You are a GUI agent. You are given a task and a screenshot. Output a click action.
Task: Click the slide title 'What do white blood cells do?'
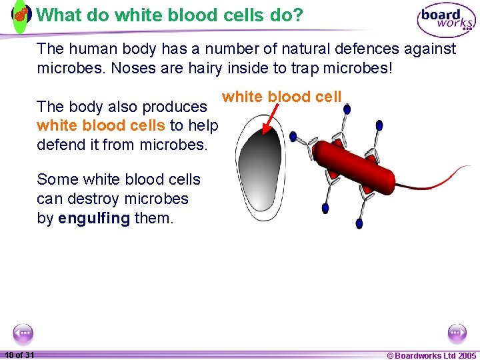169,15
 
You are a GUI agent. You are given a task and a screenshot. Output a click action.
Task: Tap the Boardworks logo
445,20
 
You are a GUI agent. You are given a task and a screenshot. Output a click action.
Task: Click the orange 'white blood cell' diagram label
281,97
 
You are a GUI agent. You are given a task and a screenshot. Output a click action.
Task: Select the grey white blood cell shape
261,167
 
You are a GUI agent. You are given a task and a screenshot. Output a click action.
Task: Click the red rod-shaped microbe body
360,163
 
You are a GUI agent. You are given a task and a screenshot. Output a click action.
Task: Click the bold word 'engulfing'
94,218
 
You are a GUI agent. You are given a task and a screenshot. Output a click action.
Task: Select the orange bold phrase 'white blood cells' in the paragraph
101,125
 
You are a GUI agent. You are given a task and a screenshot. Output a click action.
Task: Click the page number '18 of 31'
19,355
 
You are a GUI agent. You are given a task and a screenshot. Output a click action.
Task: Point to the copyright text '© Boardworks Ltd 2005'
431,355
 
